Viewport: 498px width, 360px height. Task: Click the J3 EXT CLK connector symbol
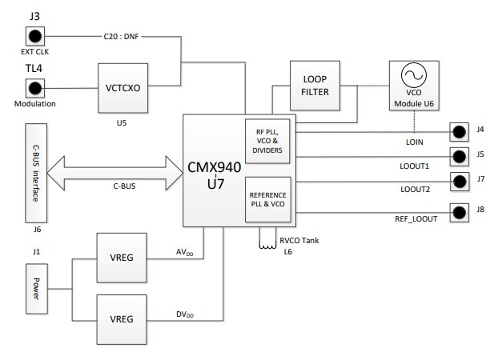click(x=35, y=36)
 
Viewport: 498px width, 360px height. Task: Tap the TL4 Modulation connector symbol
click(x=35, y=87)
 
